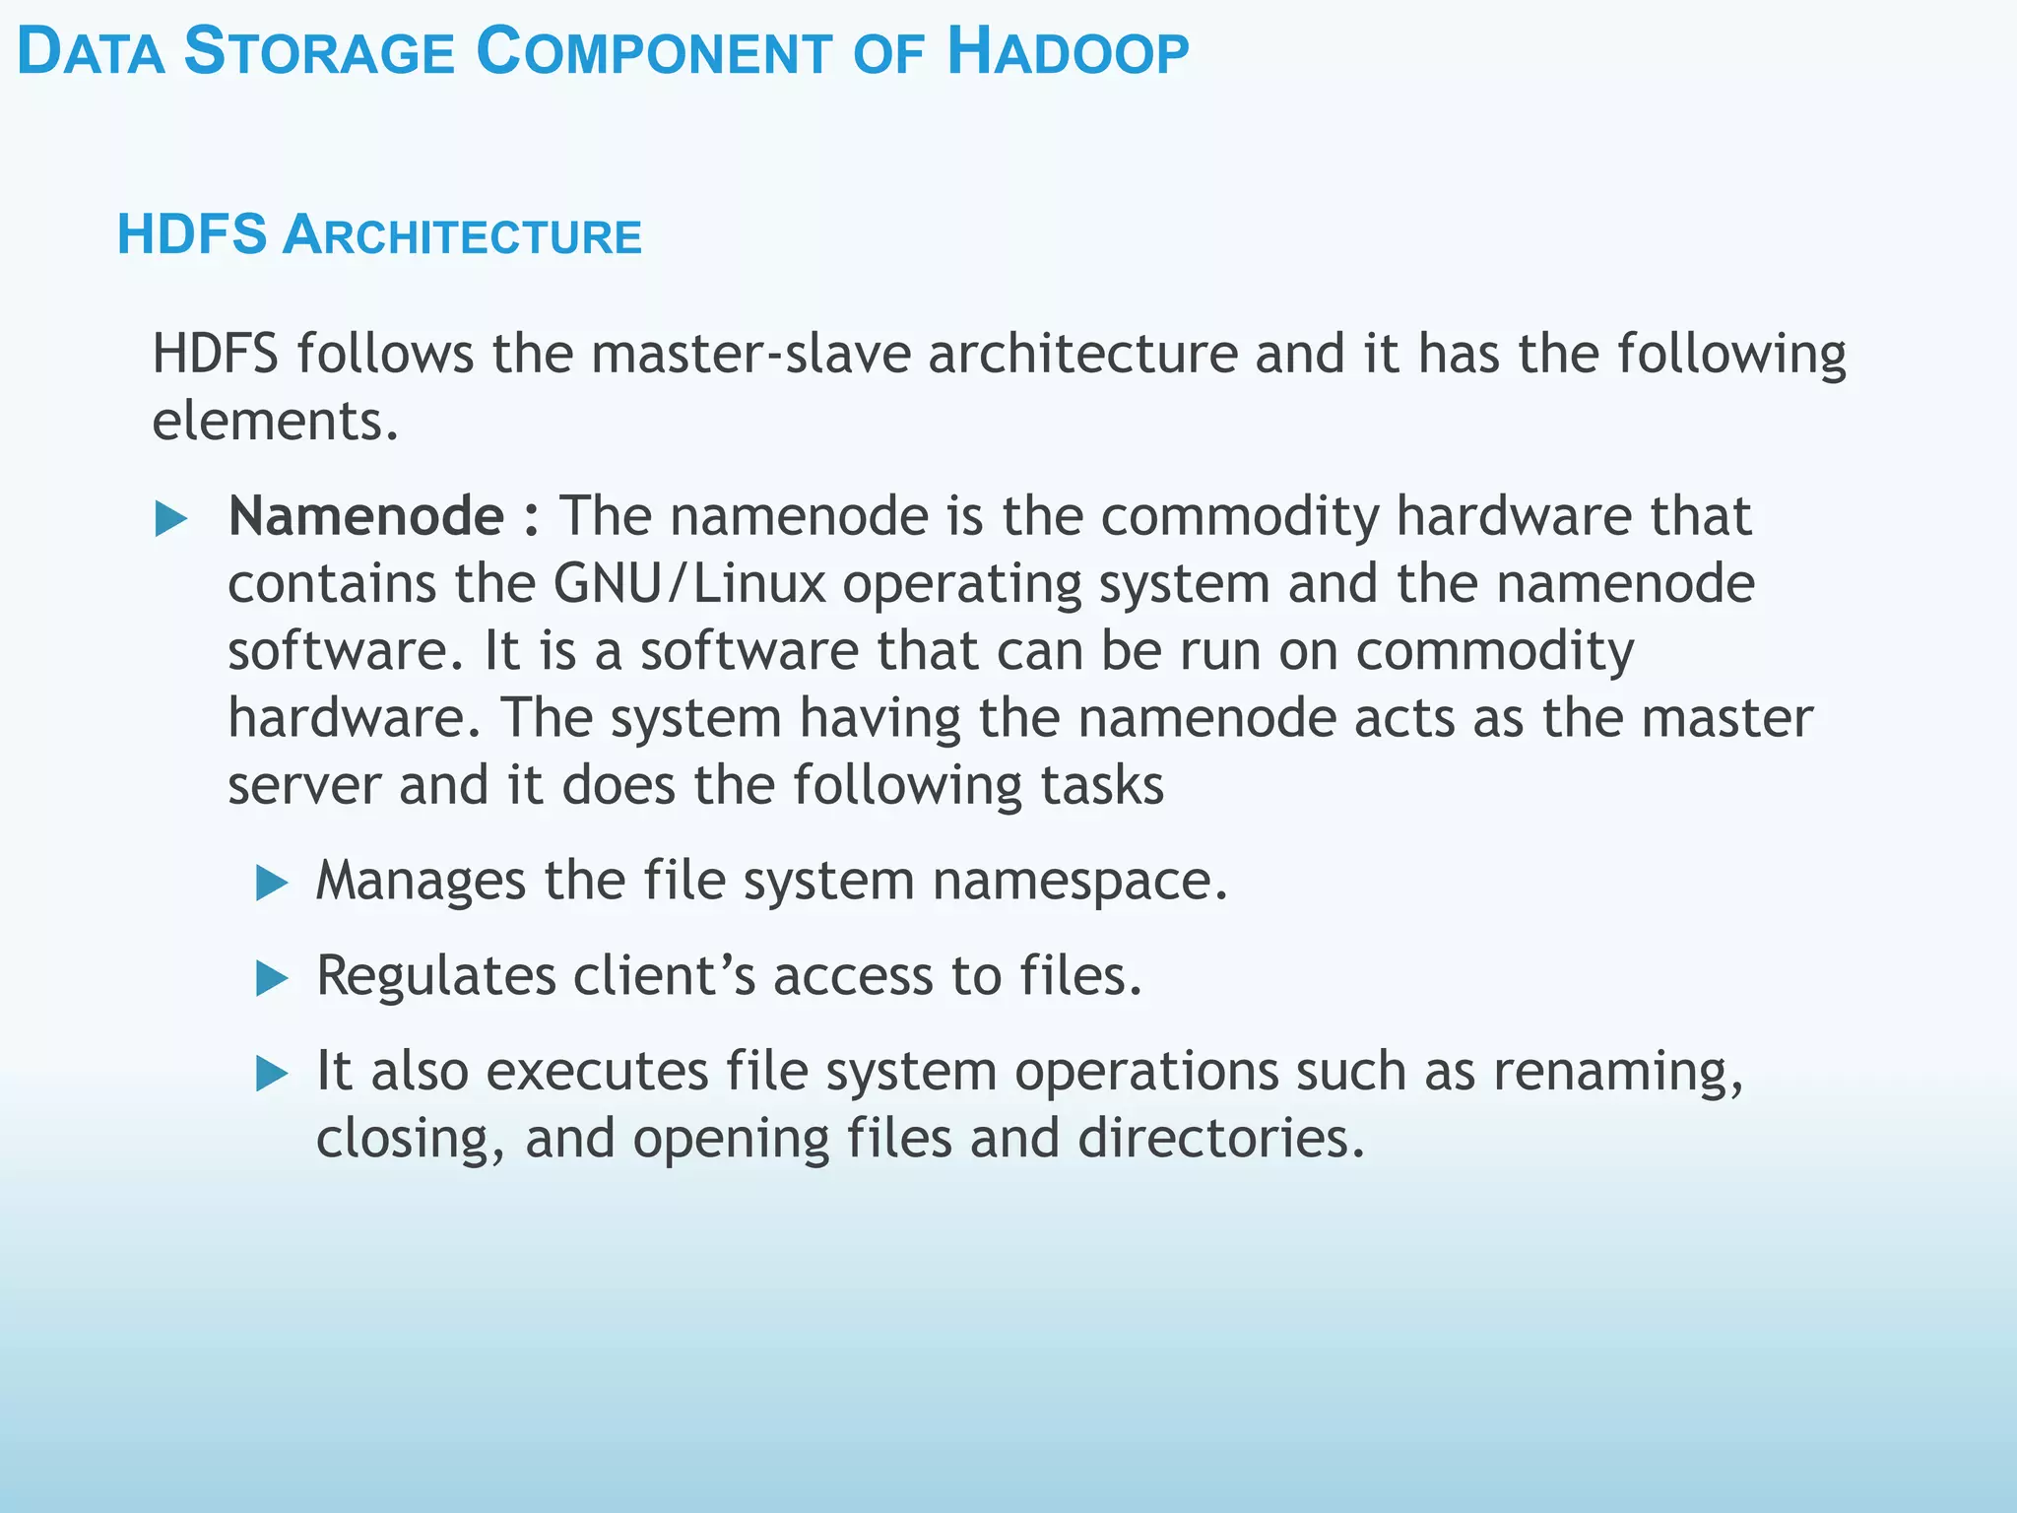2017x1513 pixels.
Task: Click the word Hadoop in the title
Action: point(1068,53)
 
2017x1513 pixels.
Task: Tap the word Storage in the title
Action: point(319,53)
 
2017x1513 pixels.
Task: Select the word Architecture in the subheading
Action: point(462,236)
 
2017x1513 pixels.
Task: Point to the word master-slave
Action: point(751,354)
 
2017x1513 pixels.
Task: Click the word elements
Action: point(275,422)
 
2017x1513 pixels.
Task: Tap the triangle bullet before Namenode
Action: point(171,519)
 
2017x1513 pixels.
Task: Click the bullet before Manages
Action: point(272,883)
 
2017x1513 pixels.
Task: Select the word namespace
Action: point(1079,882)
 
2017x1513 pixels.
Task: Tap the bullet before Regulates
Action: point(272,978)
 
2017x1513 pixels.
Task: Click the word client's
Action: point(665,976)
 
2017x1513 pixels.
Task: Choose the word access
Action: point(853,977)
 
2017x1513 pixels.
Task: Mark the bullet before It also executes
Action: point(272,1074)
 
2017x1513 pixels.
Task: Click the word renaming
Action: point(1618,1073)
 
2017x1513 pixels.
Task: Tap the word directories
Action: point(1220,1140)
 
